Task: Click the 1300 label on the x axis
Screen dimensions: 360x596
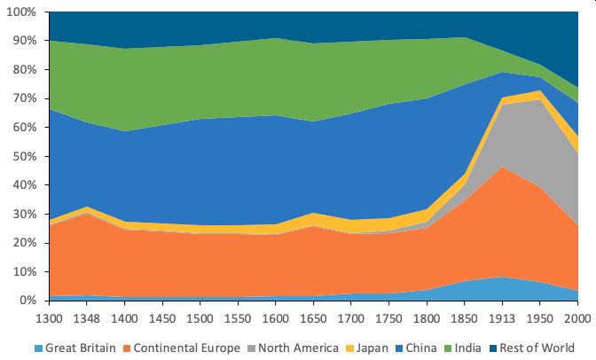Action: click(x=49, y=316)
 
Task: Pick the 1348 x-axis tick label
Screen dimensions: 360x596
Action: click(x=87, y=316)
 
